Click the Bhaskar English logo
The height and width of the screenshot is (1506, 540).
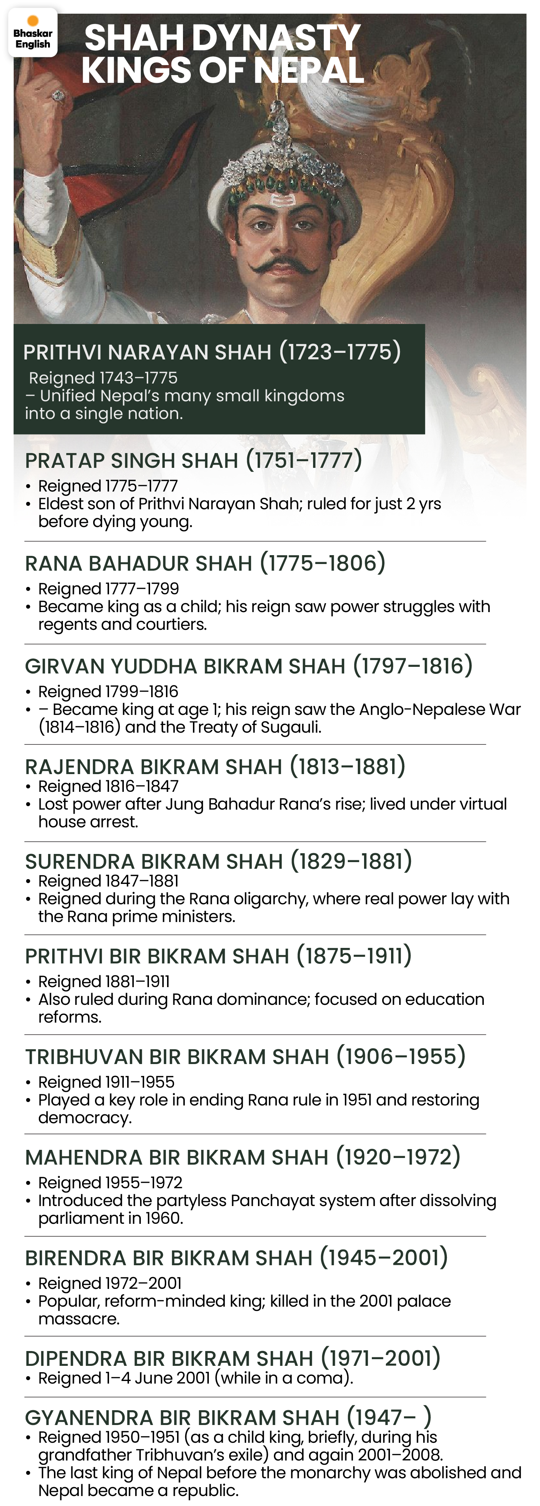(33, 33)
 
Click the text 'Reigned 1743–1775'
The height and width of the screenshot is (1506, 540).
(103, 378)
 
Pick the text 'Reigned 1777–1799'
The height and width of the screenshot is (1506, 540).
(108, 589)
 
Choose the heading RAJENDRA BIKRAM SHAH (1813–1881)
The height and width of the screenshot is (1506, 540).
(215, 766)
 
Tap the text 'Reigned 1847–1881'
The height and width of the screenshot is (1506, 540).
(108, 881)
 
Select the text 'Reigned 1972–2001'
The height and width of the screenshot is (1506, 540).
(109, 1283)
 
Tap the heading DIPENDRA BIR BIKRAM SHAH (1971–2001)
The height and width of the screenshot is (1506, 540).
(232, 1359)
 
